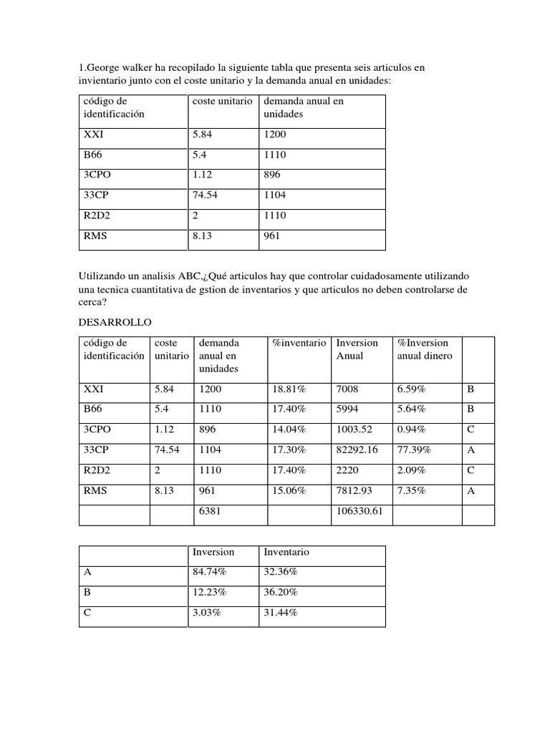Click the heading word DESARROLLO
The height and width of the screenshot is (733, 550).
(115, 323)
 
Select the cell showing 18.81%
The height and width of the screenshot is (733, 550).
(289, 389)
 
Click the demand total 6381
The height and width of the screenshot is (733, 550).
(211, 512)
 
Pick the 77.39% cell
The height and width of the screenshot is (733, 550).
(411, 450)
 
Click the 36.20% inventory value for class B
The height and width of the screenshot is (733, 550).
(281, 593)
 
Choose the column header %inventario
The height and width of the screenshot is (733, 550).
(299, 343)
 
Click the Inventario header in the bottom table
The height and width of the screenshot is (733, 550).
(286, 552)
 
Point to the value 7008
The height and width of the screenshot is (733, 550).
(347, 389)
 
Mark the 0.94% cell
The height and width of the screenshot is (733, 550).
(411, 429)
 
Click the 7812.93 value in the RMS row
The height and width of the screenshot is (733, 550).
(355, 491)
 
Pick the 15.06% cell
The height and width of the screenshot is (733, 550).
(289, 491)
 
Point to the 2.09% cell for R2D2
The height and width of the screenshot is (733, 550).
(411, 470)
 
